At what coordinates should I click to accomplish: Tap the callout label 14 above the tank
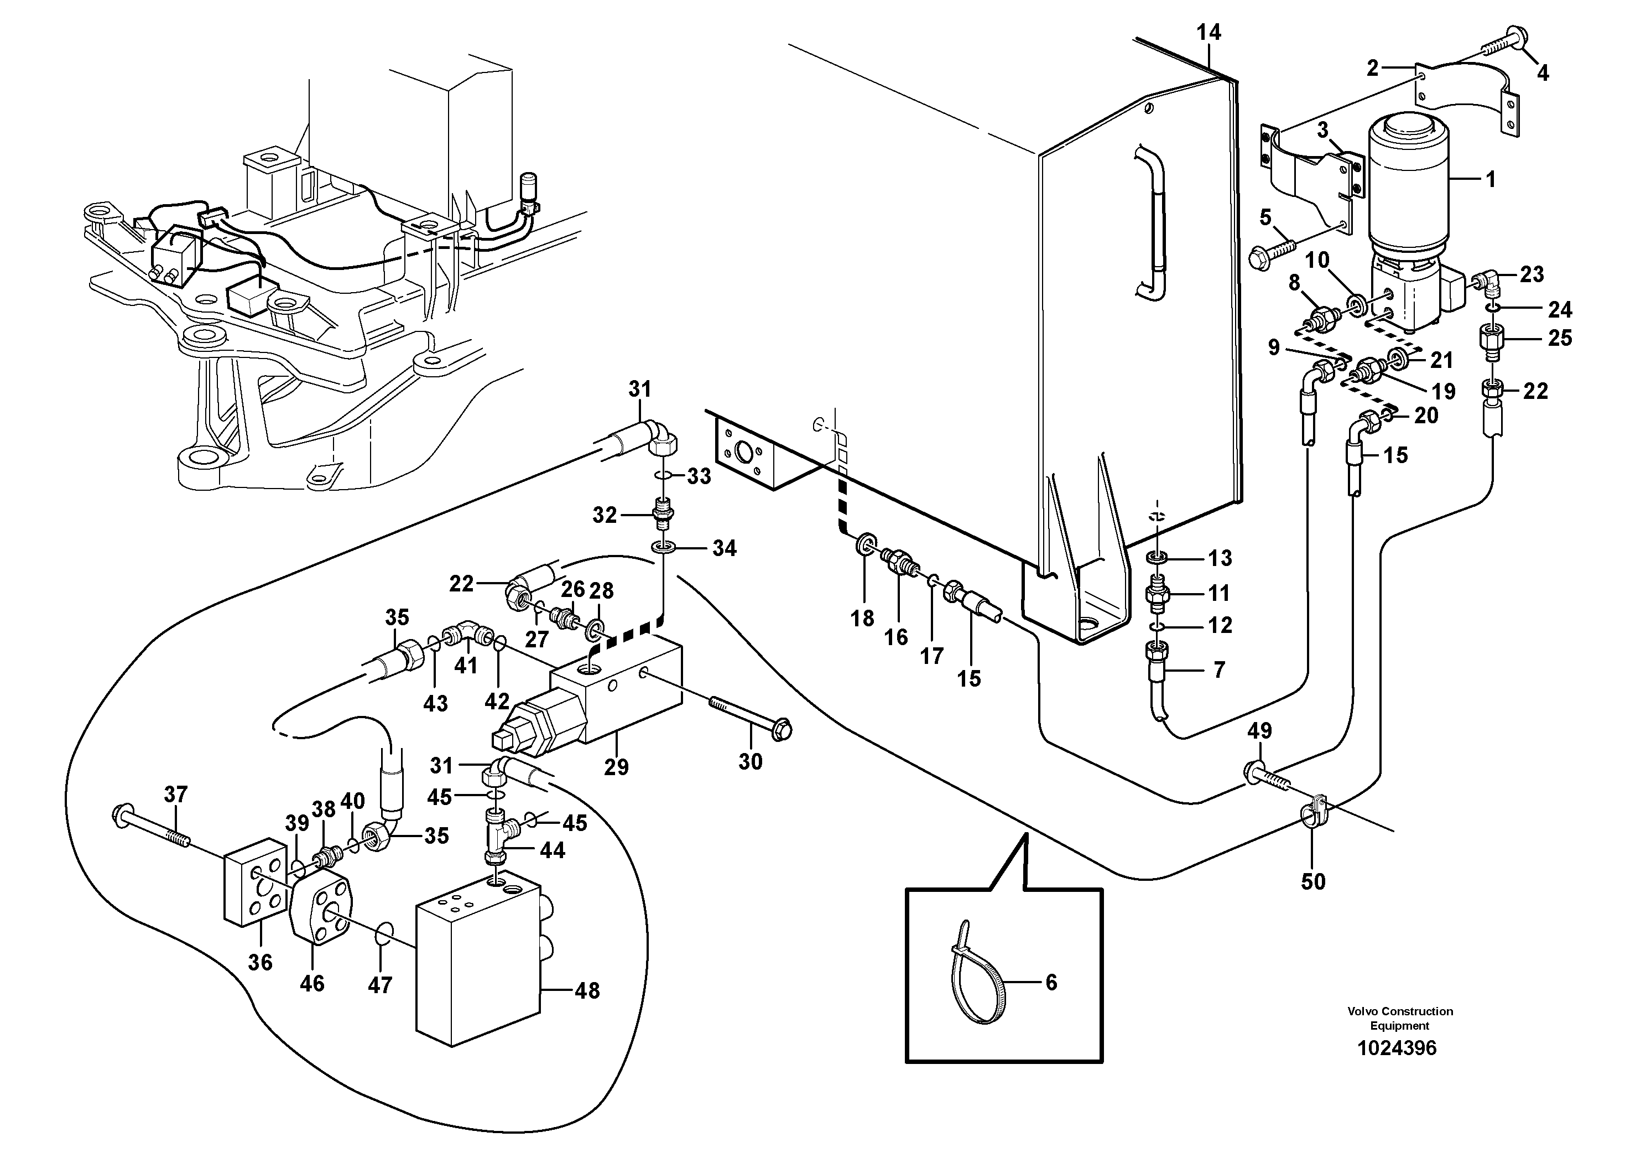point(1208,32)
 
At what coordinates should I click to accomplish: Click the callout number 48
point(587,991)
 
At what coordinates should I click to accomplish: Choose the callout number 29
point(616,767)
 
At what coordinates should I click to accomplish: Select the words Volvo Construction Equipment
point(1399,1018)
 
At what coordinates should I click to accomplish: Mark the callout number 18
point(862,618)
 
